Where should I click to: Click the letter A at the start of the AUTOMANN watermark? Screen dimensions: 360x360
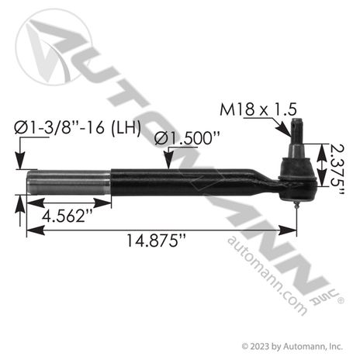click(58, 39)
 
